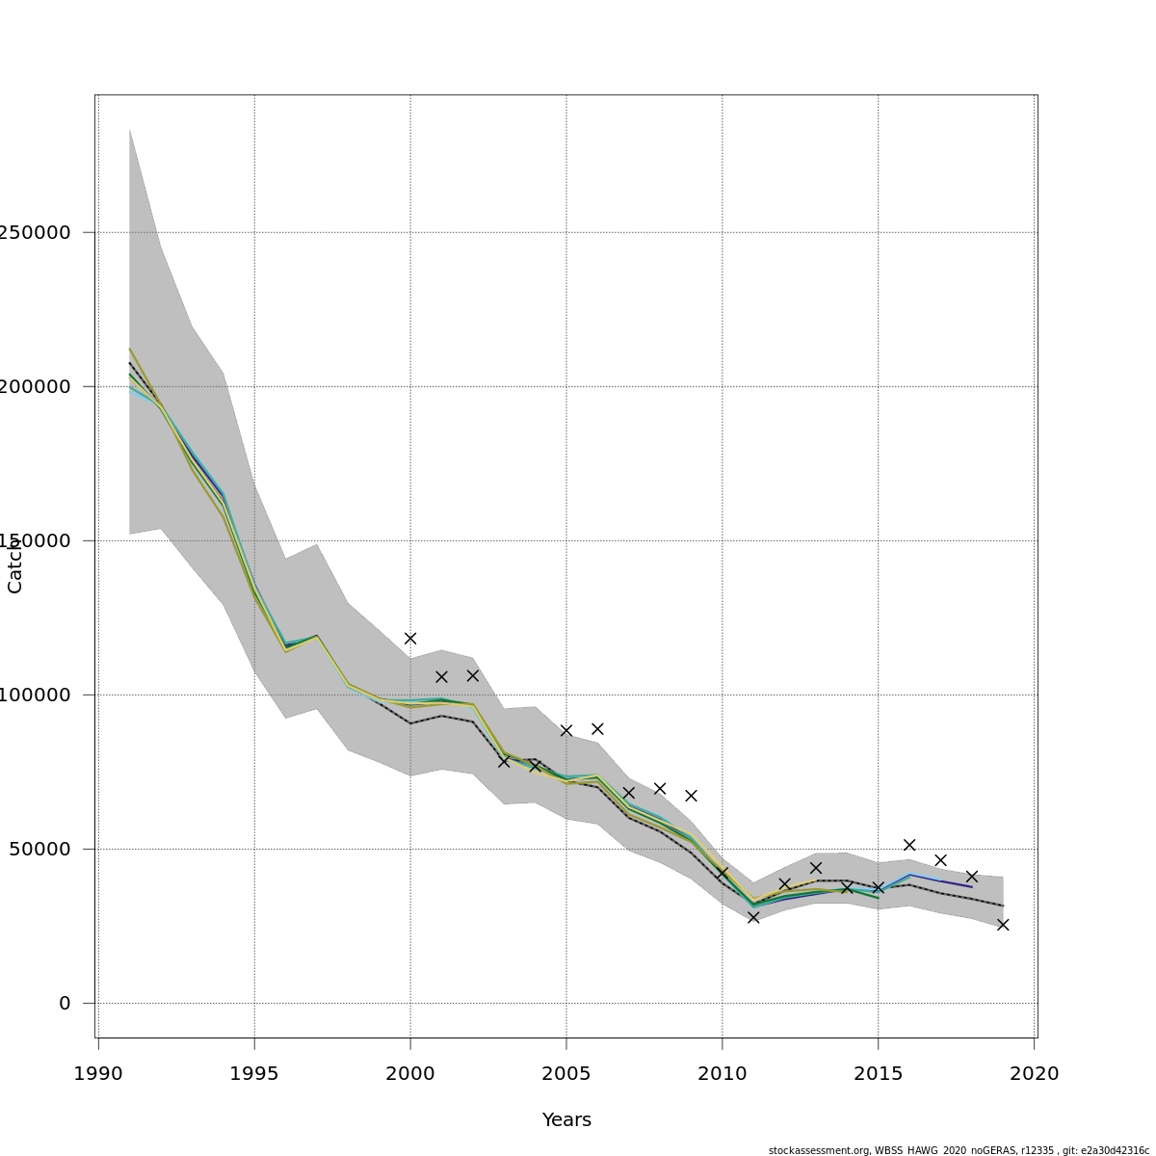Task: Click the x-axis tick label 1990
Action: [x=98, y=1073]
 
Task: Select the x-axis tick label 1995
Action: [x=254, y=1073]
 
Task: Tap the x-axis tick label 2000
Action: [x=410, y=1073]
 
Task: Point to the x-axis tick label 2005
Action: [x=566, y=1073]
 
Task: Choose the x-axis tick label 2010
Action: [x=722, y=1073]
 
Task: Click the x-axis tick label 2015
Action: [x=879, y=1073]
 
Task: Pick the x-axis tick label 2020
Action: [x=1034, y=1073]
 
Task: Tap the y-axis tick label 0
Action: [x=65, y=1003]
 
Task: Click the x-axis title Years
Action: [x=566, y=1119]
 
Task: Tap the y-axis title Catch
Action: [x=14, y=565]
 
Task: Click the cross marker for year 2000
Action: [x=410, y=638]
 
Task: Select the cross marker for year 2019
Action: [x=1003, y=925]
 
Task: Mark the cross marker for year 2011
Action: [x=753, y=917]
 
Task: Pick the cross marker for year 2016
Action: [x=909, y=845]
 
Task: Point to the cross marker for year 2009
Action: [x=691, y=796]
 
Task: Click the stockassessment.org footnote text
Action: [x=959, y=1150]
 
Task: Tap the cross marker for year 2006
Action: [x=597, y=728]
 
